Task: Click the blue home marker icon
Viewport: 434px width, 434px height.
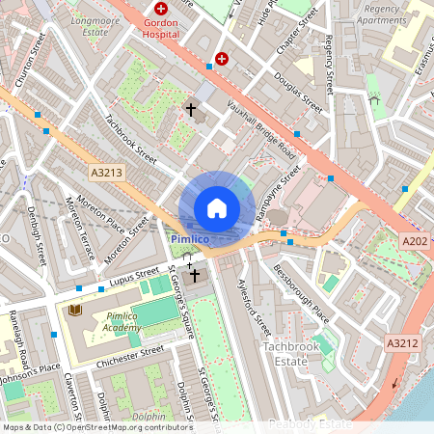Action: pyautogui.click(x=217, y=207)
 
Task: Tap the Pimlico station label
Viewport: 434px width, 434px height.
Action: pyautogui.click(x=190, y=237)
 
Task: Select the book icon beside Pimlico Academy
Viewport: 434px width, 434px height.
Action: pyautogui.click(x=75, y=311)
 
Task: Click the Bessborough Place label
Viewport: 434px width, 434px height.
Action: pyautogui.click(x=300, y=293)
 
